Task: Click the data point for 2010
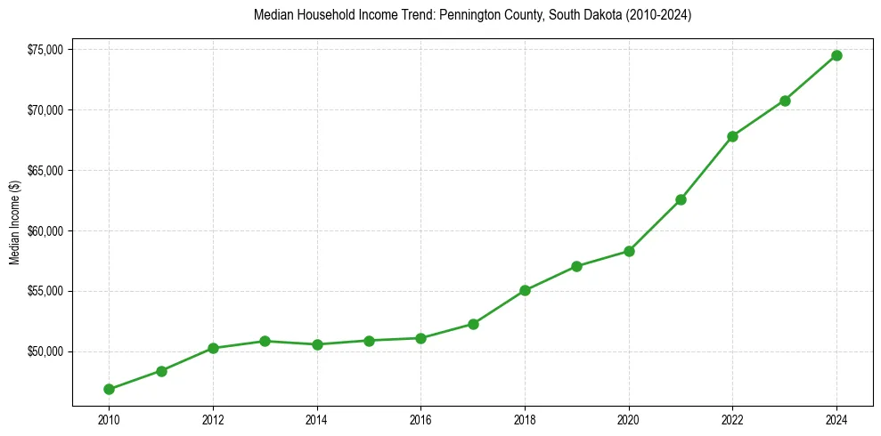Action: click(x=109, y=389)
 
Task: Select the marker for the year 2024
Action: click(x=836, y=55)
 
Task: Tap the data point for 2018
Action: click(x=525, y=290)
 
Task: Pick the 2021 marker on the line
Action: click(x=681, y=199)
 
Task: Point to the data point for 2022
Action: click(x=732, y=136)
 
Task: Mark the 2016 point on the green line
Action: click(x=420, y=338)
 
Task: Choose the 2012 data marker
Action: click(x=213, y=348)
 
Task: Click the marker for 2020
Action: click(x=629, y=251)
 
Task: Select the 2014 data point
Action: click(x=317, y=344)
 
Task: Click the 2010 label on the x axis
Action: click(x=109, y=417)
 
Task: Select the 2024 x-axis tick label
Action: click(x=836, y=417)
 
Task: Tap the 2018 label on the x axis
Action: click(x=525, y=417)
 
